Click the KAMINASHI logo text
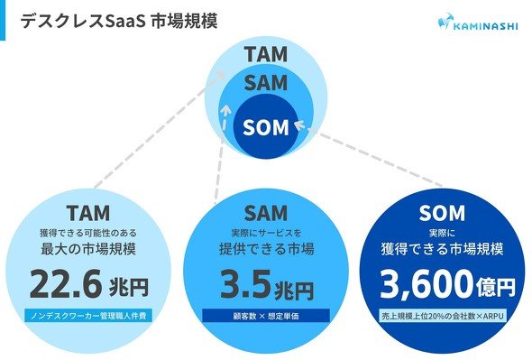[485, 26]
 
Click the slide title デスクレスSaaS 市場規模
[119, 21]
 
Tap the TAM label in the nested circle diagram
[266, 54]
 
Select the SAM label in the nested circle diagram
[266, 82]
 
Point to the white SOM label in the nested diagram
[266, 127]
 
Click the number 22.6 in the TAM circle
[66, 284]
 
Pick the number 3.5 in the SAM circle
[246, 284]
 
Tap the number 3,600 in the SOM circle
[427, 284]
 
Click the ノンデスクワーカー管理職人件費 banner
[88, 316]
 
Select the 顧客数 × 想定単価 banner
[266, 316]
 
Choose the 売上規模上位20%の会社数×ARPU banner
[443, 316]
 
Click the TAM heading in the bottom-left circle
[88, 213]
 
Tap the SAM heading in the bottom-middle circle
[266, 213]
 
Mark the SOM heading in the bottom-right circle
[442, 213]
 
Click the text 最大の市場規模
[88, 249]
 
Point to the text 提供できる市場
[266, 249]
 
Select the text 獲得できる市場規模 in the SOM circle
[442, 249]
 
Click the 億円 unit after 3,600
[496, 287]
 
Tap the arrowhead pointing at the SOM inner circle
[299, 125]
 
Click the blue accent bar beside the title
[3, 20]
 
